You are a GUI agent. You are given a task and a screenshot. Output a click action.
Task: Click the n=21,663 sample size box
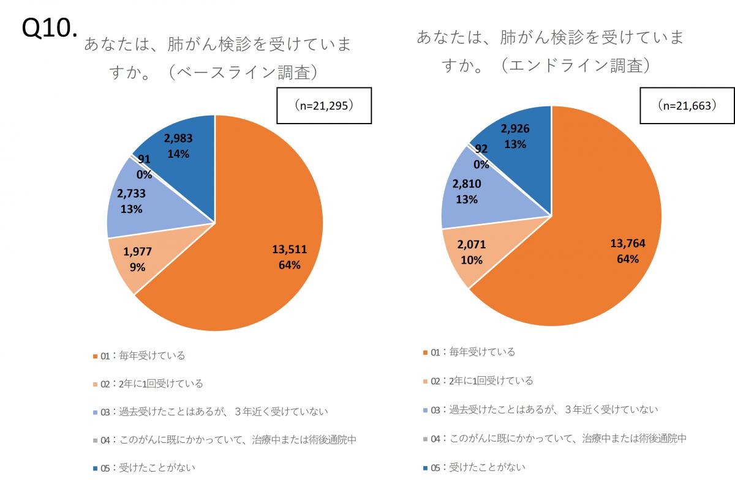(x=686, y=106)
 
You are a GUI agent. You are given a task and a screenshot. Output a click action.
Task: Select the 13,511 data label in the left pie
(x=289, y=249)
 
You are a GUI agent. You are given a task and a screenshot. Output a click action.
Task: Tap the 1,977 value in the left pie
(x=138, y=251)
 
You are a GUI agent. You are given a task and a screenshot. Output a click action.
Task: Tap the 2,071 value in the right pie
(x=472, y=245)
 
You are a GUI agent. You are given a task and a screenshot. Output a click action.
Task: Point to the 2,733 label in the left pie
(x=132, y=194)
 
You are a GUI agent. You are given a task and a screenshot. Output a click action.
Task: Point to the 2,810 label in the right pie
(x=467, y=184)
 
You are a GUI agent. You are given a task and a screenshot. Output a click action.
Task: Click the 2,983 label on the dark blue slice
(x=179, y=139)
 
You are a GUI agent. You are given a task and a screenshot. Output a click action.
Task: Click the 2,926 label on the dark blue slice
(x=515, y=129)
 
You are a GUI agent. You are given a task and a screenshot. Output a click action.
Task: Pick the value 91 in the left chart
(x=144, y=159)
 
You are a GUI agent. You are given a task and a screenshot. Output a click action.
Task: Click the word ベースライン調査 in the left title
(x=244, y=72)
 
